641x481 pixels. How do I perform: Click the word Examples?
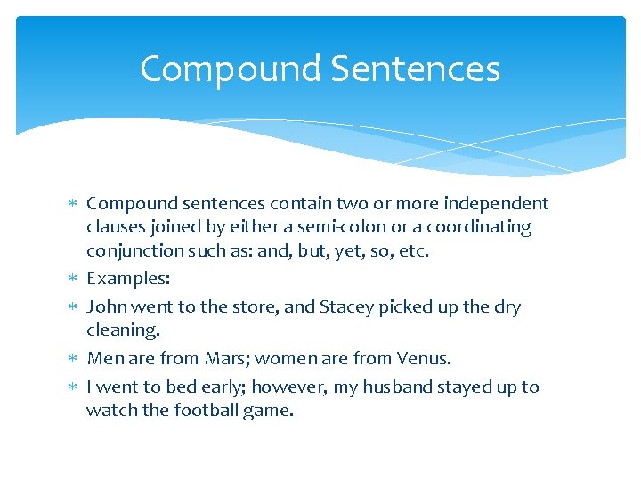128,278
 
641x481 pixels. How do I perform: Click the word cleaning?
123,330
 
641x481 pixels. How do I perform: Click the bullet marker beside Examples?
75,279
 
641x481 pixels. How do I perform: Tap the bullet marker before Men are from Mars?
75,359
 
